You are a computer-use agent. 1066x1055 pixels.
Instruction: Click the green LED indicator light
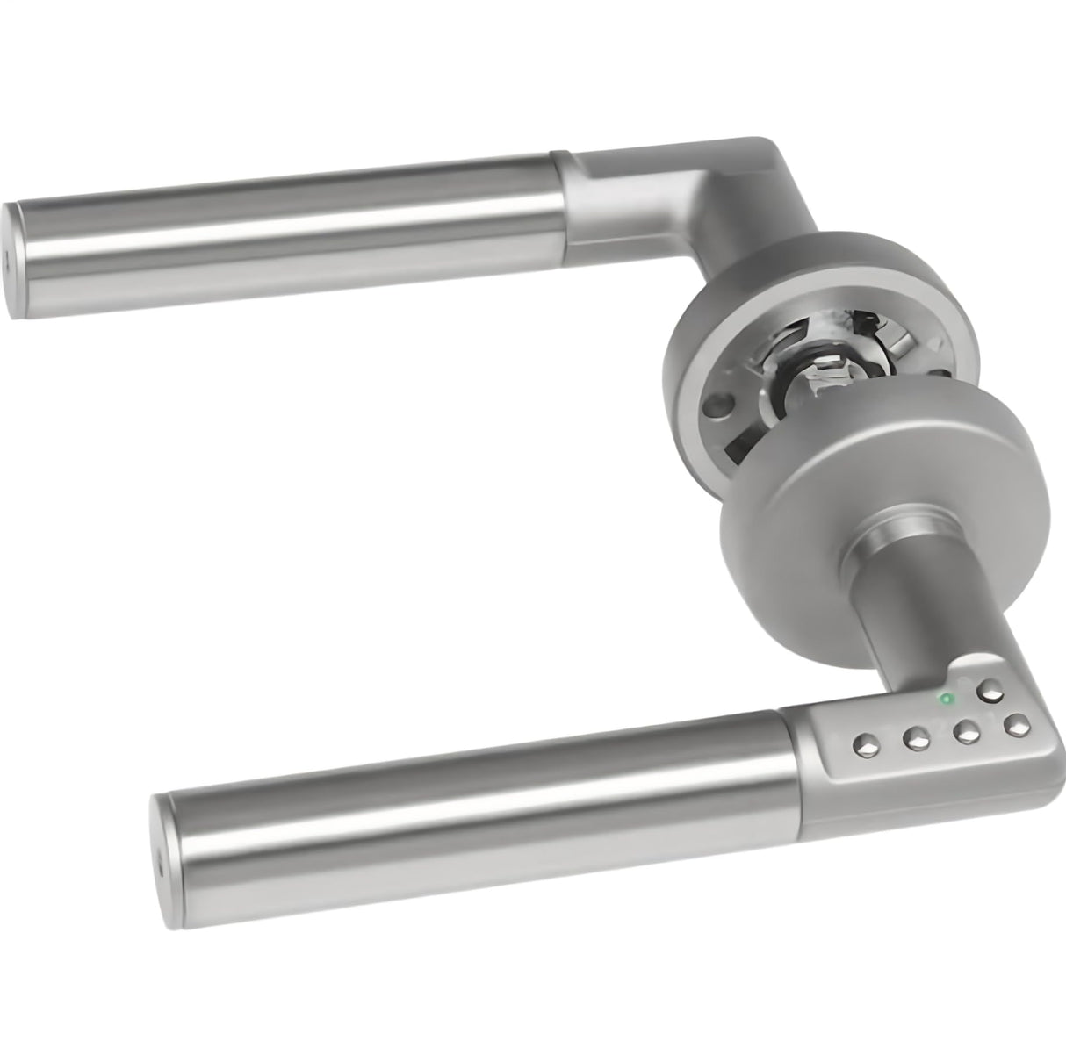[x=946, y=700]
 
